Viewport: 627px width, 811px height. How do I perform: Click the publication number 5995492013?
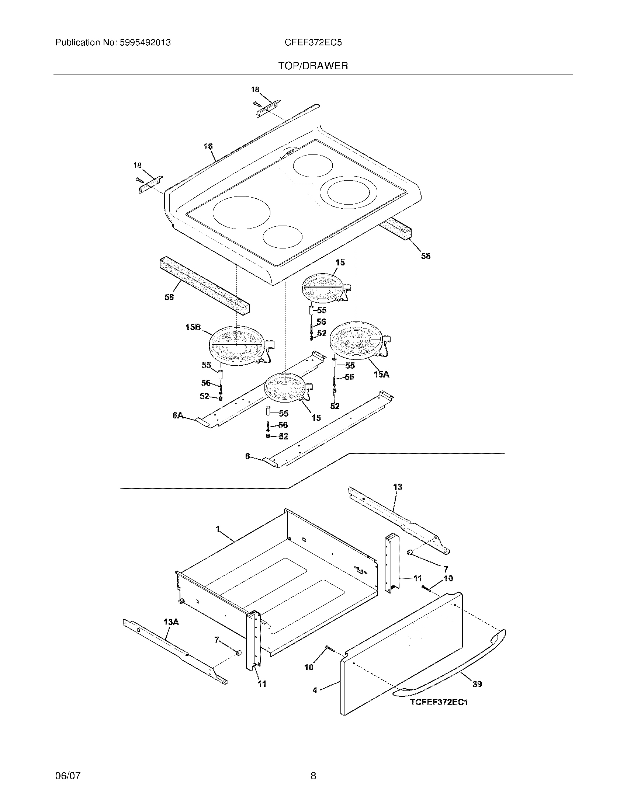tap(145, 43)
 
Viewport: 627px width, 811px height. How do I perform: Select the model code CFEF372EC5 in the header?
tap(313, 43)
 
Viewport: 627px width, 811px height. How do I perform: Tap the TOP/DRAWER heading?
tap(313, 66)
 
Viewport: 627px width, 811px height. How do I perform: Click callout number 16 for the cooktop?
tap(208, 147)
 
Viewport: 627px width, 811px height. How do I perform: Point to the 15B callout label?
tap(193, 327)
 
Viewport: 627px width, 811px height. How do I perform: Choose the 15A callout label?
tap(381, 374)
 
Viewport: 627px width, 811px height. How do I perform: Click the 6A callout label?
tap(178, 415)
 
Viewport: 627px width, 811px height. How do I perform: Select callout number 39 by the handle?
tap(477, 684)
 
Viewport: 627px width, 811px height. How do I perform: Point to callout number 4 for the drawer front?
tap(315, 690)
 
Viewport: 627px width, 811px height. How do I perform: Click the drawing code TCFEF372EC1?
tap(439, 702)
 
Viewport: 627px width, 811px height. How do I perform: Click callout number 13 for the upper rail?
tap(398, 487)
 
